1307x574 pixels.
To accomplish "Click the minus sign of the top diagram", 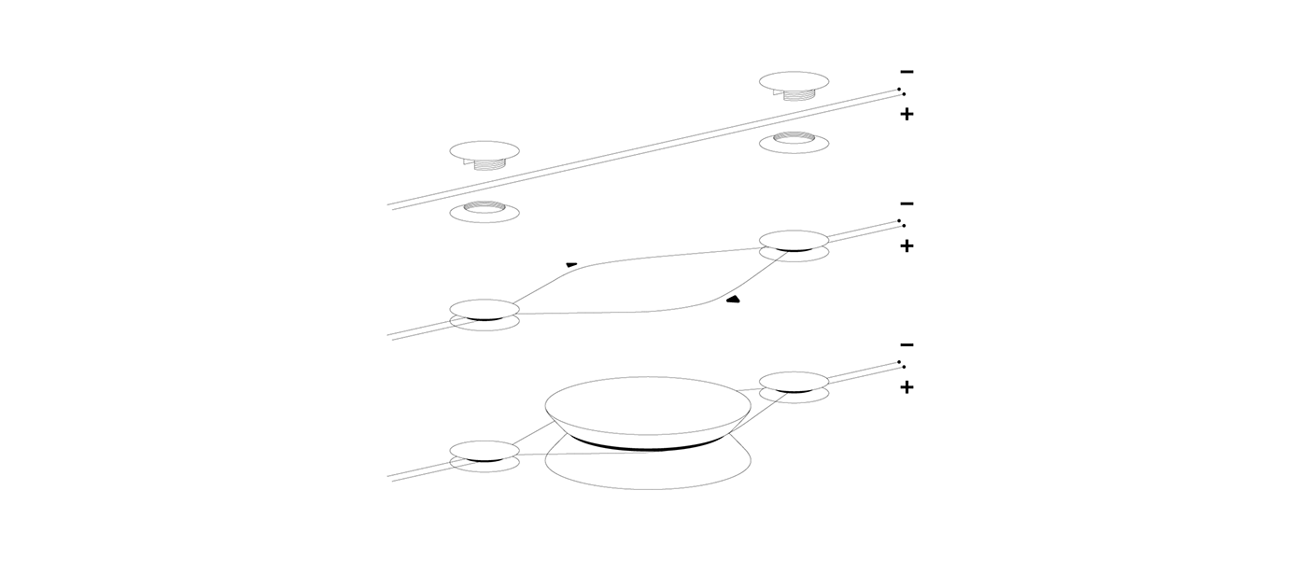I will (906, 72).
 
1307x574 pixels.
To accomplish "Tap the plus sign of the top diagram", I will (906, 114).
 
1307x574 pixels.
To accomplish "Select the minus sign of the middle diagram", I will (906, 203).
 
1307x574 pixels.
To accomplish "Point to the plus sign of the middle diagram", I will (906, 245).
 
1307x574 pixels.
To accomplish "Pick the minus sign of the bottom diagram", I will (906, 344).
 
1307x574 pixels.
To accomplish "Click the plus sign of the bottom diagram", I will (906, 386).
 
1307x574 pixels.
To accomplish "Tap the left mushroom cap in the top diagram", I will (485, 149).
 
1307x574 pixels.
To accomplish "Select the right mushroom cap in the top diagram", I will (794, 80).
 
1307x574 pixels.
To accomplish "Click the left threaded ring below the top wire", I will (485, 212).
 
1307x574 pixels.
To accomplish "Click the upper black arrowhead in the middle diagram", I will (571, 265).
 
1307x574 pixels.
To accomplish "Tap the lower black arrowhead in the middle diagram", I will (733, 300).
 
